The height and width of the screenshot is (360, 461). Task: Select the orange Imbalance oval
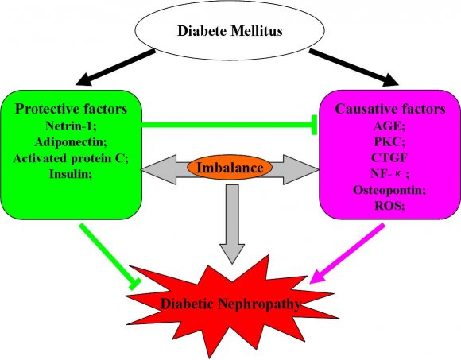pos(230,168)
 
